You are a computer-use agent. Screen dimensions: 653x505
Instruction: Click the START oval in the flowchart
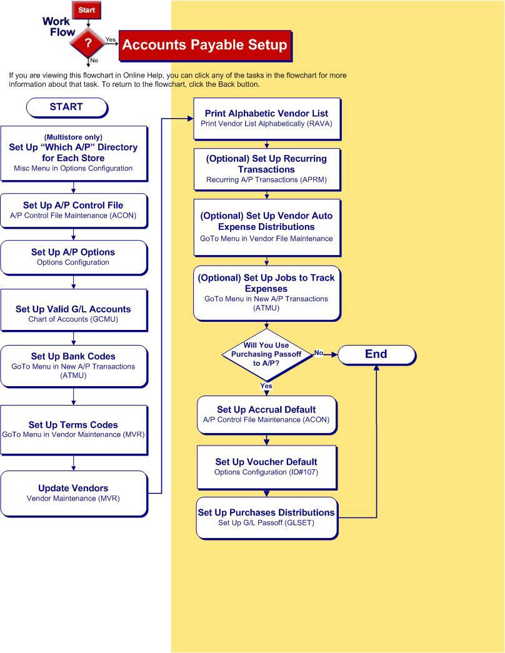click(x=66, y=107)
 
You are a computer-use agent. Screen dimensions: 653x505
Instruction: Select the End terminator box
click(x=376, y=354)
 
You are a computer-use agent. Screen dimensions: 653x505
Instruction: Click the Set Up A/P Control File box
click(x=73, y=209)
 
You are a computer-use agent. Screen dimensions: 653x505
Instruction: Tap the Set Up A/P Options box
click(x=73, y=257)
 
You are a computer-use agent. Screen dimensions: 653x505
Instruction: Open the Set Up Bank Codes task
click(x=73, y=366)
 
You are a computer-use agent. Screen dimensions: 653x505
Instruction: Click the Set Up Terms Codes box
click(x=73, y=429)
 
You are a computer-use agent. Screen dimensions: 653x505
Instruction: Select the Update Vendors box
click(x=73, y=493)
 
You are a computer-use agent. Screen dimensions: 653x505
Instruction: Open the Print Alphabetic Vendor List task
click(x=266, y=118)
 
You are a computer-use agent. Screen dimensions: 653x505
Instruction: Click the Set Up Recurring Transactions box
click(x=266, y=169)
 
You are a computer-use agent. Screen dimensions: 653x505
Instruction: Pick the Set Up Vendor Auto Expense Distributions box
click(x=266, y=227)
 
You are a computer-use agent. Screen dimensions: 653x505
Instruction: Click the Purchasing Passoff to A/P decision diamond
click(x=266, y=354)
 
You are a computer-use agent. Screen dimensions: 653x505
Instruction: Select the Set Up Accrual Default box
click(x=266, y=414)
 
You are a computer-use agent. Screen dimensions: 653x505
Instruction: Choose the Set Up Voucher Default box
click(x=266, y=467)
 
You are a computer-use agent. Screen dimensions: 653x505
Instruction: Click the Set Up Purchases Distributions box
click(x=266, y=517)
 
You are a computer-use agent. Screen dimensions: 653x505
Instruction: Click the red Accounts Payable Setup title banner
click(x=204, y=45)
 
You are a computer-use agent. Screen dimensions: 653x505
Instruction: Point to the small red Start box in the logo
click(x=87, y=10)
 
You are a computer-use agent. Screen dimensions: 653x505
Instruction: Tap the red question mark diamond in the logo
click(x=88, y=43)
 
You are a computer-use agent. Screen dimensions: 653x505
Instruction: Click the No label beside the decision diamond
click(x=319, y=353)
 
